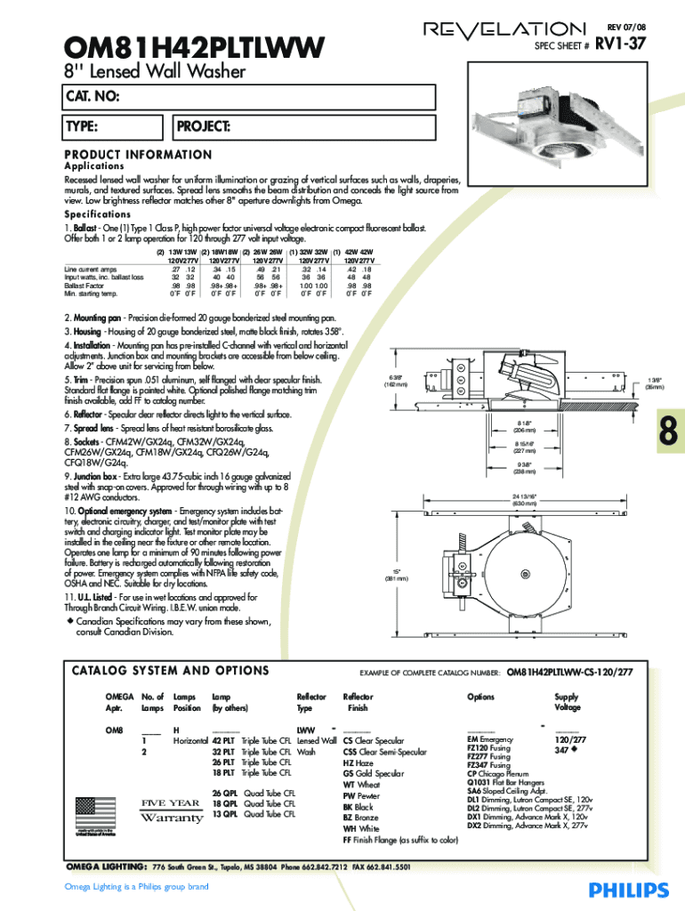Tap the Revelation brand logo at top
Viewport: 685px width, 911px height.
[504, 29]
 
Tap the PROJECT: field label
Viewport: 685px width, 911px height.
[205, 125]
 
